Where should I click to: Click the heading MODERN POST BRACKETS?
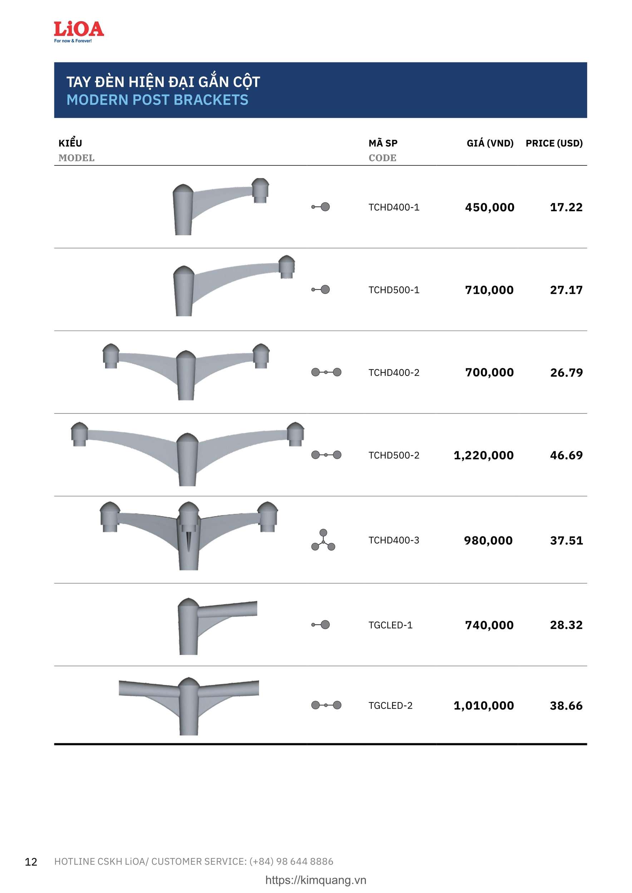[157, 100]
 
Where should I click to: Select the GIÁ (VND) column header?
[490, 143]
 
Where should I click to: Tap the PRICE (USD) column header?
[554, 143]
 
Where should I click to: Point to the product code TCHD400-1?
[394, 207]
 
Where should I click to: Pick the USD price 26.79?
[566, 373]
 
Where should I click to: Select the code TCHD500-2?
[394, 455]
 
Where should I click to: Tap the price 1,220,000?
[484, 455]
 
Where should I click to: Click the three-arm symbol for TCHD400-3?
[324, 540]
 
